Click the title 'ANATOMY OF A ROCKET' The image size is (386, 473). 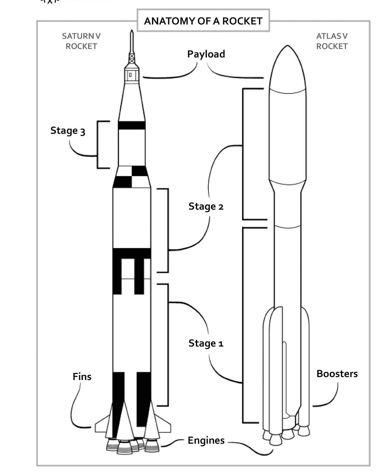click(x=203, y=21)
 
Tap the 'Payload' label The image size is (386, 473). click(x=206, y=54)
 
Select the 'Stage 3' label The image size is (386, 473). click(x=68, y=131)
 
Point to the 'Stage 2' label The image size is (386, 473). click(x=206, y=206)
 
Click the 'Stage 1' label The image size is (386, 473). click(x=206, y=343)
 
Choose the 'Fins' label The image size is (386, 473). click(x=82, y=377)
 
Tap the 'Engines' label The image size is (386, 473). click(x=206, y=440)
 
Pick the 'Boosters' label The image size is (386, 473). click(x=337, y=374)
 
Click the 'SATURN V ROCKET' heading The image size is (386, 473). click(x=81, y=41)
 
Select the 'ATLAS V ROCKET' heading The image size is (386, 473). click(x=332, y=41)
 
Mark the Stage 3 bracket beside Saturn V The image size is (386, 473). click(x=98, y=145)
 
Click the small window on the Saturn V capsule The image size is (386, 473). click(x=130, y=75)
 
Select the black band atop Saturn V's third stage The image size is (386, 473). click(x=132, y=125)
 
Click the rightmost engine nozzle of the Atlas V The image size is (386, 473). click(x=304, y=431)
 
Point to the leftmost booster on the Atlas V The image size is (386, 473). click(x=266, y=371)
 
